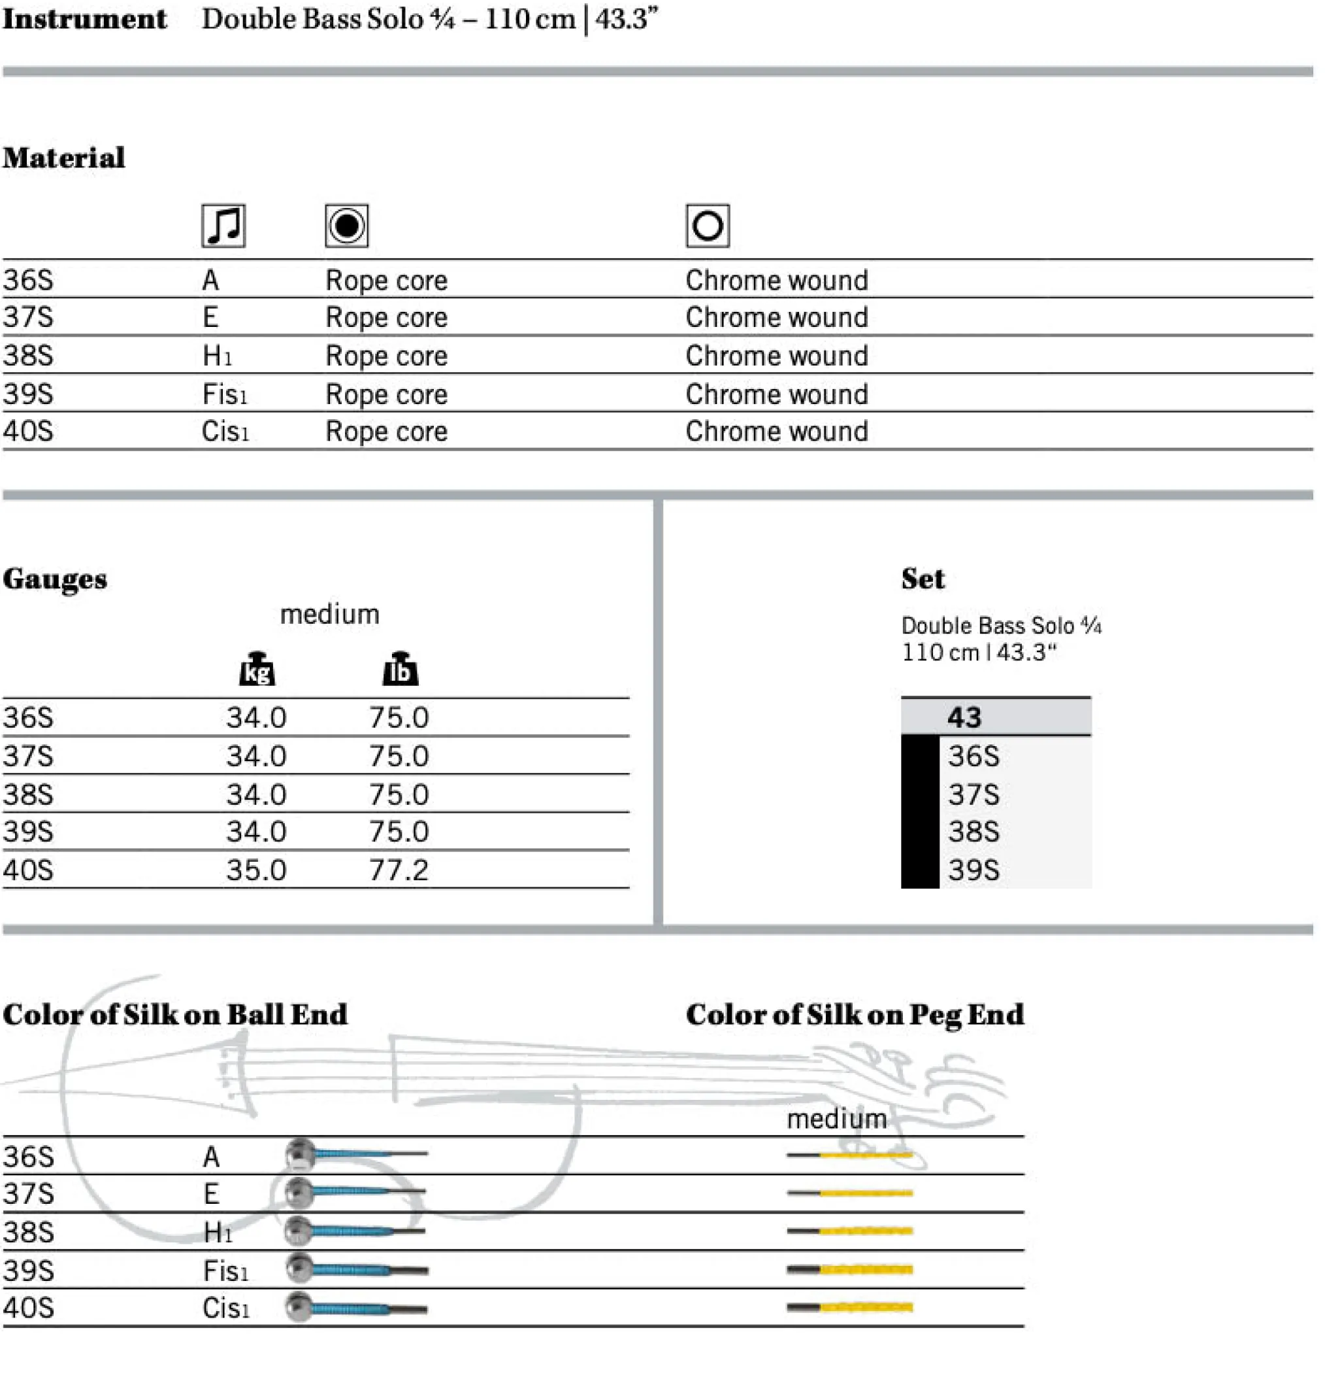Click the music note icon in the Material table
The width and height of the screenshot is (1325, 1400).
223,226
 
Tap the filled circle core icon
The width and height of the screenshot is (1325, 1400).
346,226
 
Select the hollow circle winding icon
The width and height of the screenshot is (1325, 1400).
707,226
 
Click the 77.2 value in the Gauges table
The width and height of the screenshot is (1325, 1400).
399,870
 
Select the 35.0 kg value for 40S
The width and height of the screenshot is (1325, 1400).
255,870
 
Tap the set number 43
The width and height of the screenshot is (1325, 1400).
964,717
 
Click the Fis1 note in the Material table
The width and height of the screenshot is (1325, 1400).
225,394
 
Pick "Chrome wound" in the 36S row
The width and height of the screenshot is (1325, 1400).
776,281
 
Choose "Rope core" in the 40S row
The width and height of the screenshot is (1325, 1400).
386,432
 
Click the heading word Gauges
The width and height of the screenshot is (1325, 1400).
55,579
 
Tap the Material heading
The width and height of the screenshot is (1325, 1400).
63,158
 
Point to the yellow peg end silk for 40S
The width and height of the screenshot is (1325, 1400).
866,1307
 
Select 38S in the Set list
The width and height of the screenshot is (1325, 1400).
973,832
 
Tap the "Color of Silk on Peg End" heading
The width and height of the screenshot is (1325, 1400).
855,1015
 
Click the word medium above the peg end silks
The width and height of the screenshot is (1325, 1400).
836,1119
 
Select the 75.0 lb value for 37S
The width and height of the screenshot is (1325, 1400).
399,756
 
